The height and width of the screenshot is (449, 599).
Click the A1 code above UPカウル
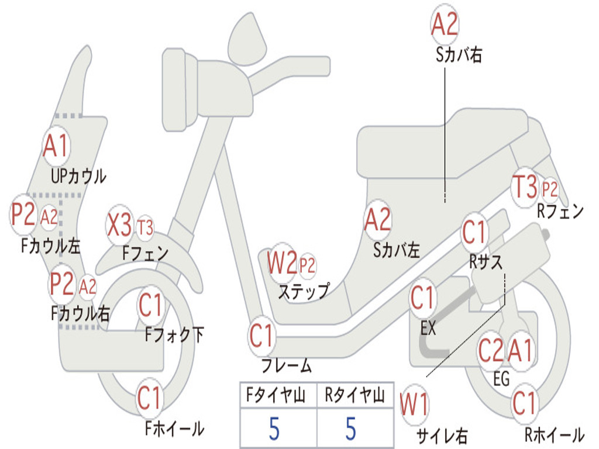point(56,146)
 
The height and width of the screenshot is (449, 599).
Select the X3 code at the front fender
point(120,225)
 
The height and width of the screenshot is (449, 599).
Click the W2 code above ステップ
point(283,264)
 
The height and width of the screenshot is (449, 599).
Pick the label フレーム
point(286,367)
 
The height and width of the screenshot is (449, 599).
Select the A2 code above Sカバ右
point(445,24)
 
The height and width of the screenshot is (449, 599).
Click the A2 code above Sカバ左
point(377,220)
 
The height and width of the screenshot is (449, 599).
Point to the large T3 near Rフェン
point(524,187)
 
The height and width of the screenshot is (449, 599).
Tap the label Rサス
point(486,263)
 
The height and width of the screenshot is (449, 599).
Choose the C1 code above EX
point(423,299)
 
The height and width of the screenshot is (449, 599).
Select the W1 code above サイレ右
point(414,405)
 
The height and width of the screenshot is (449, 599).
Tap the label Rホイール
point(553,435)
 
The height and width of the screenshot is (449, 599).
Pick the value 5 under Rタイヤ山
point(350,429)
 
